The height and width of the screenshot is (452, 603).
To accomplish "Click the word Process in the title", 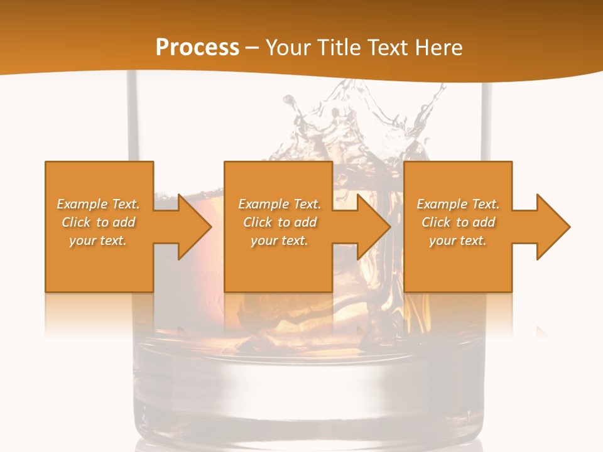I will (x=197, y=48).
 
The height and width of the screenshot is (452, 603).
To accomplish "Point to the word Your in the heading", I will (x=290, y=48).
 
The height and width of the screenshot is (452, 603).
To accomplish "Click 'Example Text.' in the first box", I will (x=99, y=204).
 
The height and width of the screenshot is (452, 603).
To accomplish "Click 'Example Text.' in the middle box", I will (x=280, y=204).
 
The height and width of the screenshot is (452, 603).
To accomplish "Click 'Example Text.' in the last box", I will (x=458, y=204).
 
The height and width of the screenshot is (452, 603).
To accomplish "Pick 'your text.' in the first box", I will (x=99, y=240).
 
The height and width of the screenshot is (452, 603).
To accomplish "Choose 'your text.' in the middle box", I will (x=280, y=240).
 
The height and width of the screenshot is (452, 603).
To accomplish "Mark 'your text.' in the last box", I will (x=458, y=240).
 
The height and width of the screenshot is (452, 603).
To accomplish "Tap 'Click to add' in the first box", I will (x=99, y=222).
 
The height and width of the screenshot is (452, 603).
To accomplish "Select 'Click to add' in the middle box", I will (x=280, y=222).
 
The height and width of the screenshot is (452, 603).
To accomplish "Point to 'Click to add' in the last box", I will (x=458, y=222).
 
